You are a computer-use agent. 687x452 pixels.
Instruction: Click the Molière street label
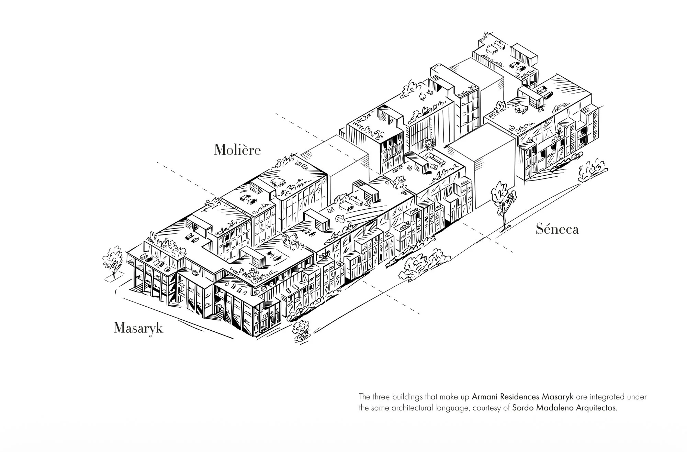(x=237, y=150)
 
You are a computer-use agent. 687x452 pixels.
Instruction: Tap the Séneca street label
(x=557, y=229)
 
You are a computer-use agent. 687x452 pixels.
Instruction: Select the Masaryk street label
(x=138, y=328)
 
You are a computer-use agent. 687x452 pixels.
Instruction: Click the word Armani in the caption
(x=482, y=397)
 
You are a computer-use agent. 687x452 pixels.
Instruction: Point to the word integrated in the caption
(x=606, y=397)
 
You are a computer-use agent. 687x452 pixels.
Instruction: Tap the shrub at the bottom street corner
(x=301, y=330)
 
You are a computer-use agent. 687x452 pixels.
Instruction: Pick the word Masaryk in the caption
(x=558, y=397)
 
